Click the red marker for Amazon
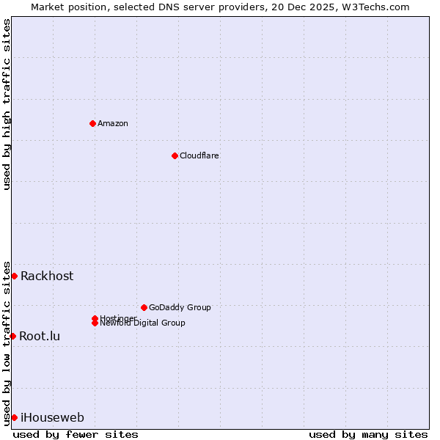click(x=92, y=123)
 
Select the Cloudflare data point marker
click(x=175, y=155)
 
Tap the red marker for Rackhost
click(x=14, y=276)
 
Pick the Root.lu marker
click(x=12, y=336)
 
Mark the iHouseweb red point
click(x=14, y=417)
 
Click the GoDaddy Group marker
click(x=144, y=307)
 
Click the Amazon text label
click(x=113, y=123)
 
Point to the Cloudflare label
click(x=199, y=155)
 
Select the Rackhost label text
click(x=47, y=276)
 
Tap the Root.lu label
click(x=40, y=336)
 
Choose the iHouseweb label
click(x=52, y=417)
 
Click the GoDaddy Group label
click(x=180, y=307)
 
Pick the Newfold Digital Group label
click(x=143, y=323)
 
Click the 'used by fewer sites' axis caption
click(x=76, y=434)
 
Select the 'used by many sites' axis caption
click(x=368, y=434)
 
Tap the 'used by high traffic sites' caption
click(x=7, y=104)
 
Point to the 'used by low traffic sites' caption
click(x=7, y=343)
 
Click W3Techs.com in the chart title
click(x=377, y=7)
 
